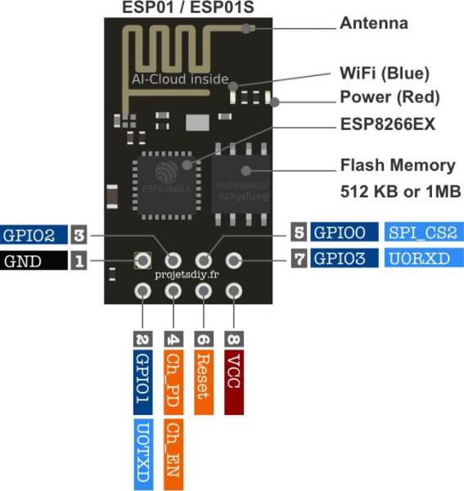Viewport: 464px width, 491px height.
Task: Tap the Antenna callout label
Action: [x=373, y=24]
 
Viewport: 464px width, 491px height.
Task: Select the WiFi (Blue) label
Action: [x=385, y=74]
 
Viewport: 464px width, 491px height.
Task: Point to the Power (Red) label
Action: [x=390, y=97]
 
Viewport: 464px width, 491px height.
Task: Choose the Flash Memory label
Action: [x=397, y=165]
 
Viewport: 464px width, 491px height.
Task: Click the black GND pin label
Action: [x=32, y=262]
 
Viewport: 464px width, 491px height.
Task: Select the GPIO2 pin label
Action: [x=32, y=236]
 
